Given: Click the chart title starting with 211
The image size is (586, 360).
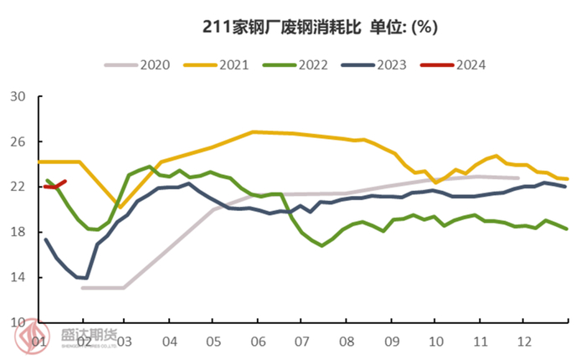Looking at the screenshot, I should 319,27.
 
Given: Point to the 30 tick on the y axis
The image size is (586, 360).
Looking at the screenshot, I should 17,96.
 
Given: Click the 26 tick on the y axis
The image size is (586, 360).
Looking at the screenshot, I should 17,141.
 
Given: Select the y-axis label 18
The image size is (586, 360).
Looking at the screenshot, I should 17,232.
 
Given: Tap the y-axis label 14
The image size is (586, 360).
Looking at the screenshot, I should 17,277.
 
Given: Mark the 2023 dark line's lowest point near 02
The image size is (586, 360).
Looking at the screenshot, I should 85,278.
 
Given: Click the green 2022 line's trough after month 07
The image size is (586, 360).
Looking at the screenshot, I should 321,245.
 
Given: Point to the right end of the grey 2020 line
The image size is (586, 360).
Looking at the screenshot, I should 518,177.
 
